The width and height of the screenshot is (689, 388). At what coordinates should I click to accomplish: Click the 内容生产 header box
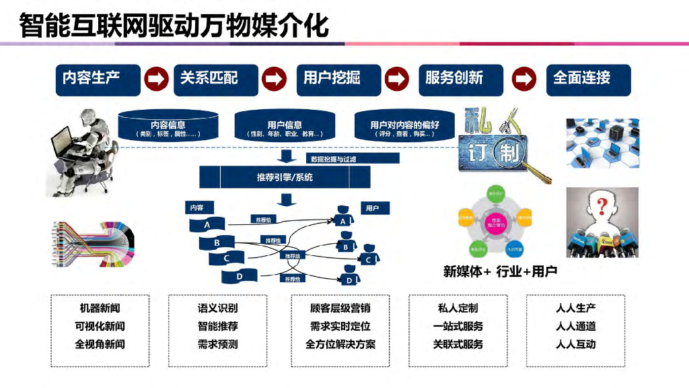pyautogui.click(x=97, y=79)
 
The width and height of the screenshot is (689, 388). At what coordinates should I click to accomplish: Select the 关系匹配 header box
pyautogui.click(x=216, y=79)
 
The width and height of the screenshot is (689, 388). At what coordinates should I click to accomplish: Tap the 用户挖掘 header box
pyautogui.click(x=338, y=79)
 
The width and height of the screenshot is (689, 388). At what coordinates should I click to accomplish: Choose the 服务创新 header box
pyautogui.click(x=461, y=79)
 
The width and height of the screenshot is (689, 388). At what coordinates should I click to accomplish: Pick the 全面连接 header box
pyautogui.click(x=588, y=79)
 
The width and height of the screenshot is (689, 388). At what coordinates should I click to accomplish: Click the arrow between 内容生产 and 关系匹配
pyautogui.click(x=157, y=79)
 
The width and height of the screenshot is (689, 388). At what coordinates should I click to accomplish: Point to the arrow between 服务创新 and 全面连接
pyautogui.click(x=523, y=79)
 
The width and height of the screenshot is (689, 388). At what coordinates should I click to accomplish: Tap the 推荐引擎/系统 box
pyautogui.click(x=285, y=178)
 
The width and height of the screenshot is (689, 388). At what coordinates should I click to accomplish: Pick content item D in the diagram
pyautogui.click(x=240, y=276)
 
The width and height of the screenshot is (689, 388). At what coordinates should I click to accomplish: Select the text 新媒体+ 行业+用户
pyautogui.click(x=500, y=271)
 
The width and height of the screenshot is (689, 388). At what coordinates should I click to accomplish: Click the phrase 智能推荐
pyautogui.click(x=217, y=327)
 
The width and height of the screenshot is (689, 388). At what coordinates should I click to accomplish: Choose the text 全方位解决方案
pyautogui.click(x=340, y=344)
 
